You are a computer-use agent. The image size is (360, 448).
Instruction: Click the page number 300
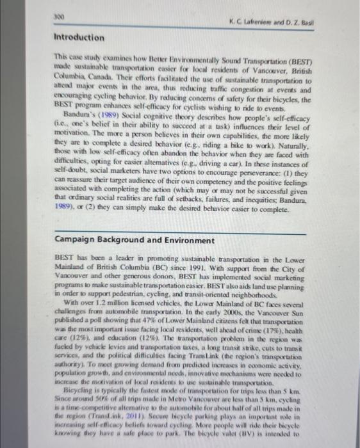(x=60, y=12)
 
